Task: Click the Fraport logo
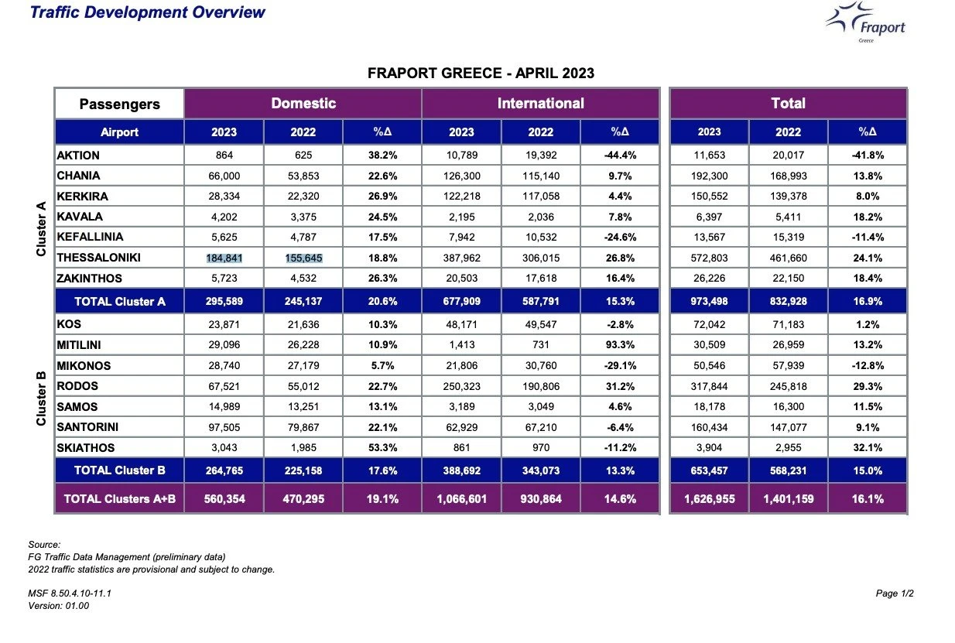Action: (864, 22)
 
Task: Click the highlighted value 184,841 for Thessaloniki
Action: (224, 258)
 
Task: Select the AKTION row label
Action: (78, 156)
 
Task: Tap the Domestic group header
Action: (303, 103)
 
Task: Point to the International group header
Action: (541, 103)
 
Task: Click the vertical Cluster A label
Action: (41, 228)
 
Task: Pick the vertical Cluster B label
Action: (41, 398)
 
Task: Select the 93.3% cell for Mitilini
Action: (620, 344)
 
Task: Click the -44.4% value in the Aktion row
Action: (620, 156)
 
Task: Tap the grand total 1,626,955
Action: (710, 499)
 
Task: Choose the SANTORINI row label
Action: (87, 427)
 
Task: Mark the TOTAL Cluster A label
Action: (120, 302)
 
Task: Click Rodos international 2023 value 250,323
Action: (462, 386)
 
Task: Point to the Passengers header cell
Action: (120, 104)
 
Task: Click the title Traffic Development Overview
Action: (148, 12)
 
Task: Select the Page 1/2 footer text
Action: (895, 593)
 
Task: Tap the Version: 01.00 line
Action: (59, 606)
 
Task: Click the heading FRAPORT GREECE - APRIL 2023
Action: (481, 73)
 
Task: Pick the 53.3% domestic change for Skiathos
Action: (382, 448)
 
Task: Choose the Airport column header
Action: (120, 132)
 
